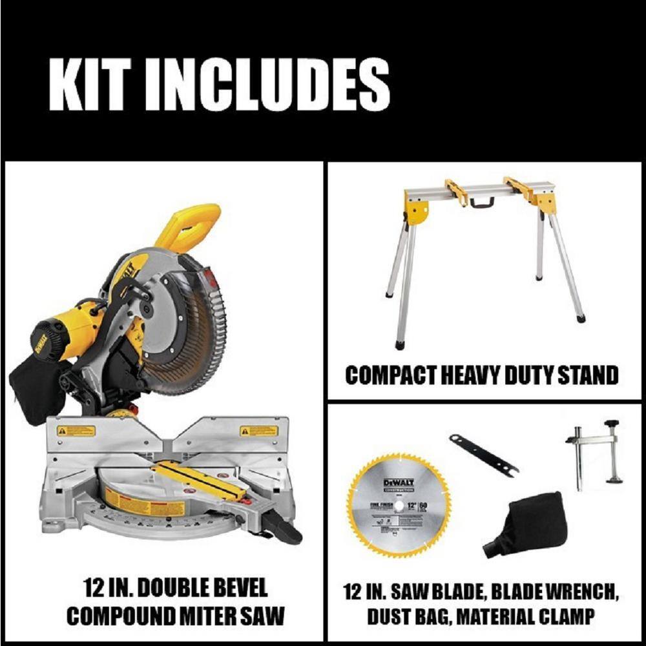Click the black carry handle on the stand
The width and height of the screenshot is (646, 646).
tap(481, 202)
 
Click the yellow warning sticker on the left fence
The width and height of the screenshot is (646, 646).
tap(76, 431)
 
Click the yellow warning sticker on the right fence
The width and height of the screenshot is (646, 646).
tap(259, 431)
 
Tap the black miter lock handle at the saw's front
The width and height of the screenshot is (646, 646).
tap(284, 531)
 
